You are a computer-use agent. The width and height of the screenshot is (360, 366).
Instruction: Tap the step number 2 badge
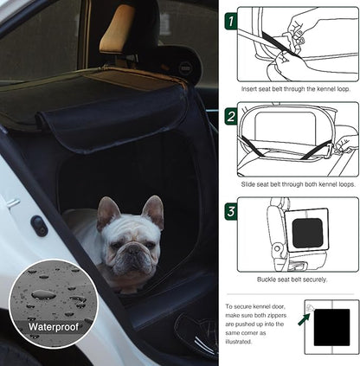point(230,115)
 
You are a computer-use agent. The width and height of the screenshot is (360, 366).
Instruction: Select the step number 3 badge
point(230,210)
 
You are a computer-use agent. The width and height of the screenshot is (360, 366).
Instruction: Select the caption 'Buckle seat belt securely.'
point(291,279)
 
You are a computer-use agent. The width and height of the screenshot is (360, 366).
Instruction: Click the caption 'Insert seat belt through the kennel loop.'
point(291,88)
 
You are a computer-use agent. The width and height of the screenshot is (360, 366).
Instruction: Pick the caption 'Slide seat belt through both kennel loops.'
point(291,183)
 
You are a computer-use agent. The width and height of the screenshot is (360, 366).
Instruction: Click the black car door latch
point(39,225)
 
